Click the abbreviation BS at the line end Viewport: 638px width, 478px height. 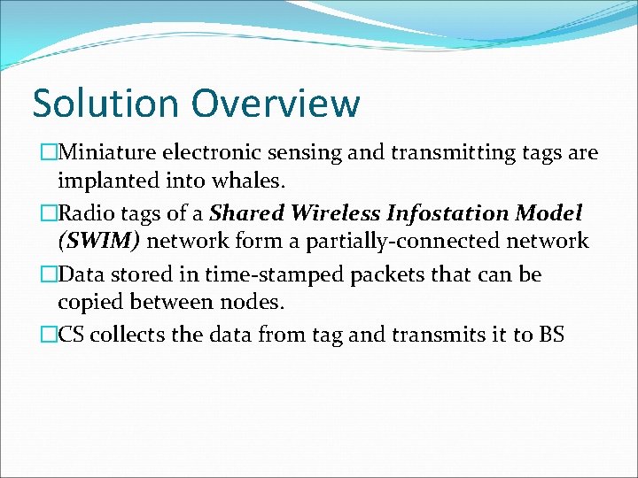[550, 335]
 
